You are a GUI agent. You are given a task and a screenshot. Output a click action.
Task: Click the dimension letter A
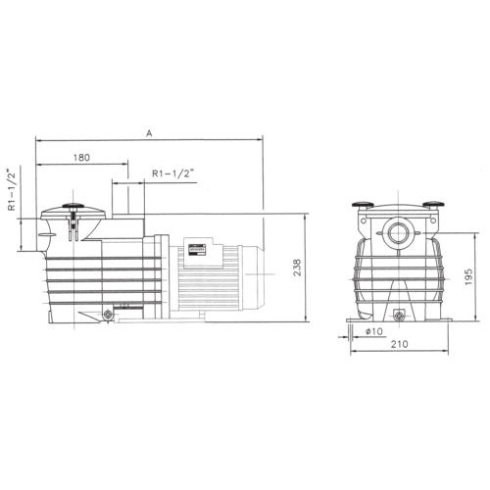tap(149, 133)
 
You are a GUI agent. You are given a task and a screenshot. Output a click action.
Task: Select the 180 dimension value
tap(81, 158)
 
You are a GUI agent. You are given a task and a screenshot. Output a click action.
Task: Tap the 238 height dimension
tap(297, 268)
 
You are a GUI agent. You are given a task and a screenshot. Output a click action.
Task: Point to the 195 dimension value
tap(468, 277)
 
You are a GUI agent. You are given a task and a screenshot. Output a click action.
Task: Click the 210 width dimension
tap(400, 344)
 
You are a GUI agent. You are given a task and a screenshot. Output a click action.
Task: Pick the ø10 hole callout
tap(374, 331)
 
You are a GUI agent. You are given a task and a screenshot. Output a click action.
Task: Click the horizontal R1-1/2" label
tap(171, 173)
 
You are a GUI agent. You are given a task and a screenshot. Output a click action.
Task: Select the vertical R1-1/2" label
tap(12, 190)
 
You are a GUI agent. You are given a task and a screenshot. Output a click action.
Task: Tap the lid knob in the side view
tap(73, 206)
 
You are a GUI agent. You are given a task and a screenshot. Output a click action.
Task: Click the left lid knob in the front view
tap(363, 205)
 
